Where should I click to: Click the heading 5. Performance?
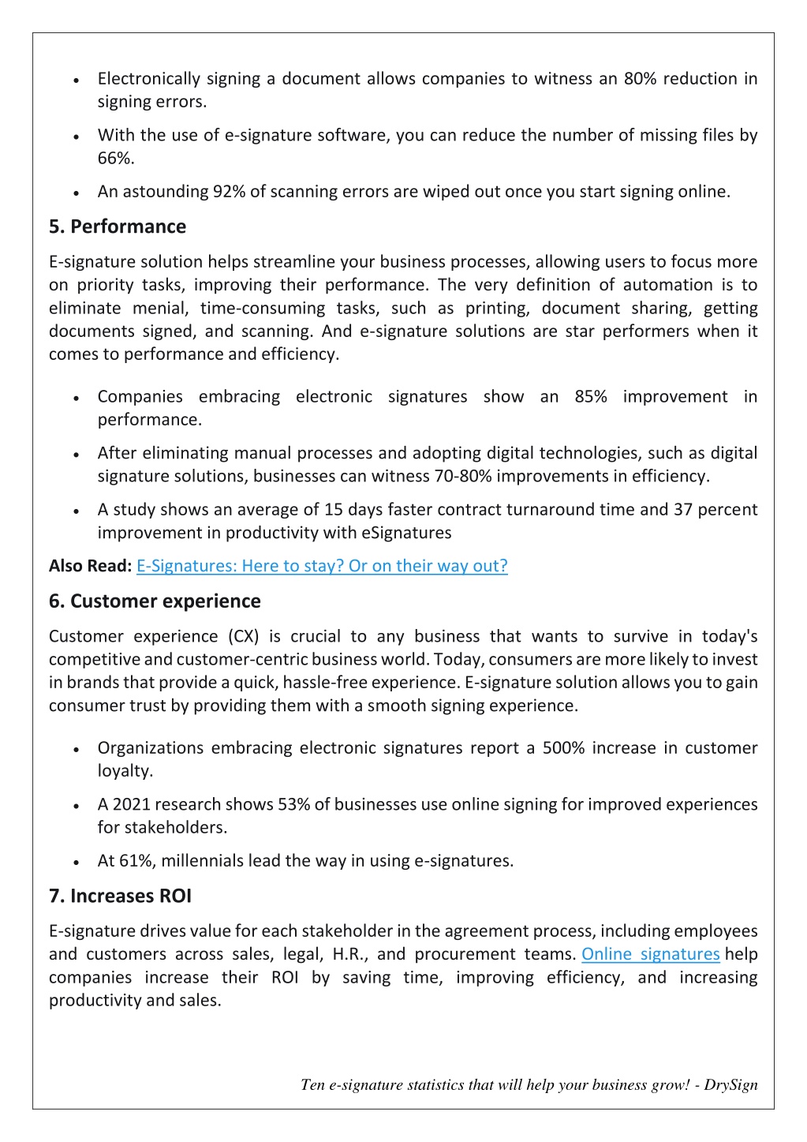point(118,227)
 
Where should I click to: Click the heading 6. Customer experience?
point(155,601)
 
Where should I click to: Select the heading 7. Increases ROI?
point(120,897)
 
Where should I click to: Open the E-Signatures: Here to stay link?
point(322,566)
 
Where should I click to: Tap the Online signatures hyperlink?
point(650,954)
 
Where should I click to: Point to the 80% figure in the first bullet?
point(640,79)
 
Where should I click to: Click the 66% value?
point(115,159)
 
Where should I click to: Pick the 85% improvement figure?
point(591,397)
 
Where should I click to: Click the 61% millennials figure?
point(136,861)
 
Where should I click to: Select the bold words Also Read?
point(90,566)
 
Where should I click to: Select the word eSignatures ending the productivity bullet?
point(406,533)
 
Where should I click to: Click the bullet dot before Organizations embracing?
point(76,750)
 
